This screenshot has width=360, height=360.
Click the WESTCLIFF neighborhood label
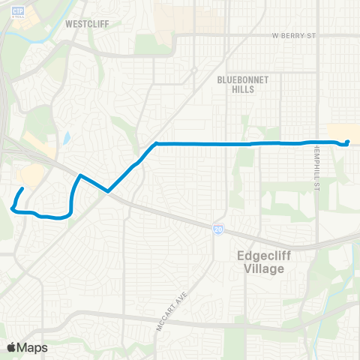tap(87, 24)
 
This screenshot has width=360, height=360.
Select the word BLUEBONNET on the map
tap(236, 77)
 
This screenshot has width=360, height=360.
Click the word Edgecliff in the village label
tap(257, 255)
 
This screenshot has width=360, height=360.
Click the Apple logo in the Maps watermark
tap(11, 347)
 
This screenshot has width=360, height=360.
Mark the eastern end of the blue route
tap(348, 142)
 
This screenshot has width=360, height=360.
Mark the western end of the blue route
tap(22, 189)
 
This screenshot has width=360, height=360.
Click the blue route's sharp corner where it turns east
tap(155, 143)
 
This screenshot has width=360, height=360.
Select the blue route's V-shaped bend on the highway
tap(108, 191)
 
